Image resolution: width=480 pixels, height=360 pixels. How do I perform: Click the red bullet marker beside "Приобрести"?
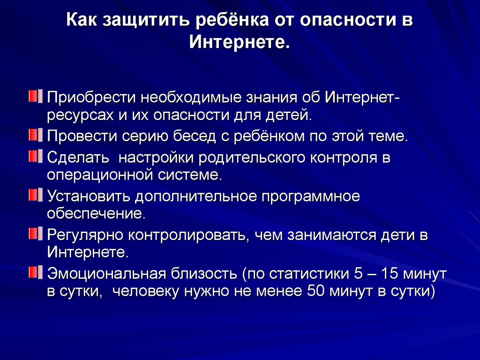click(36, 96)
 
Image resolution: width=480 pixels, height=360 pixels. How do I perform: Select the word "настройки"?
click(156, 157)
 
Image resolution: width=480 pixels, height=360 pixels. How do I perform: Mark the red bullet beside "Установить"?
click(36, 195)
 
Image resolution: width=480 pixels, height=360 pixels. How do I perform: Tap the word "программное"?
click(311, 197)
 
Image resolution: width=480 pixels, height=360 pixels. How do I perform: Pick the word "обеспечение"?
click(96, 213)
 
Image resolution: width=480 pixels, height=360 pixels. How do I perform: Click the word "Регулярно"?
click(85, 235)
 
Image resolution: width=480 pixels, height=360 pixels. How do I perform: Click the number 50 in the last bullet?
click(315, 291)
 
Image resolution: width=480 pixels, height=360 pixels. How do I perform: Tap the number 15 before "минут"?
click(390, 273)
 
